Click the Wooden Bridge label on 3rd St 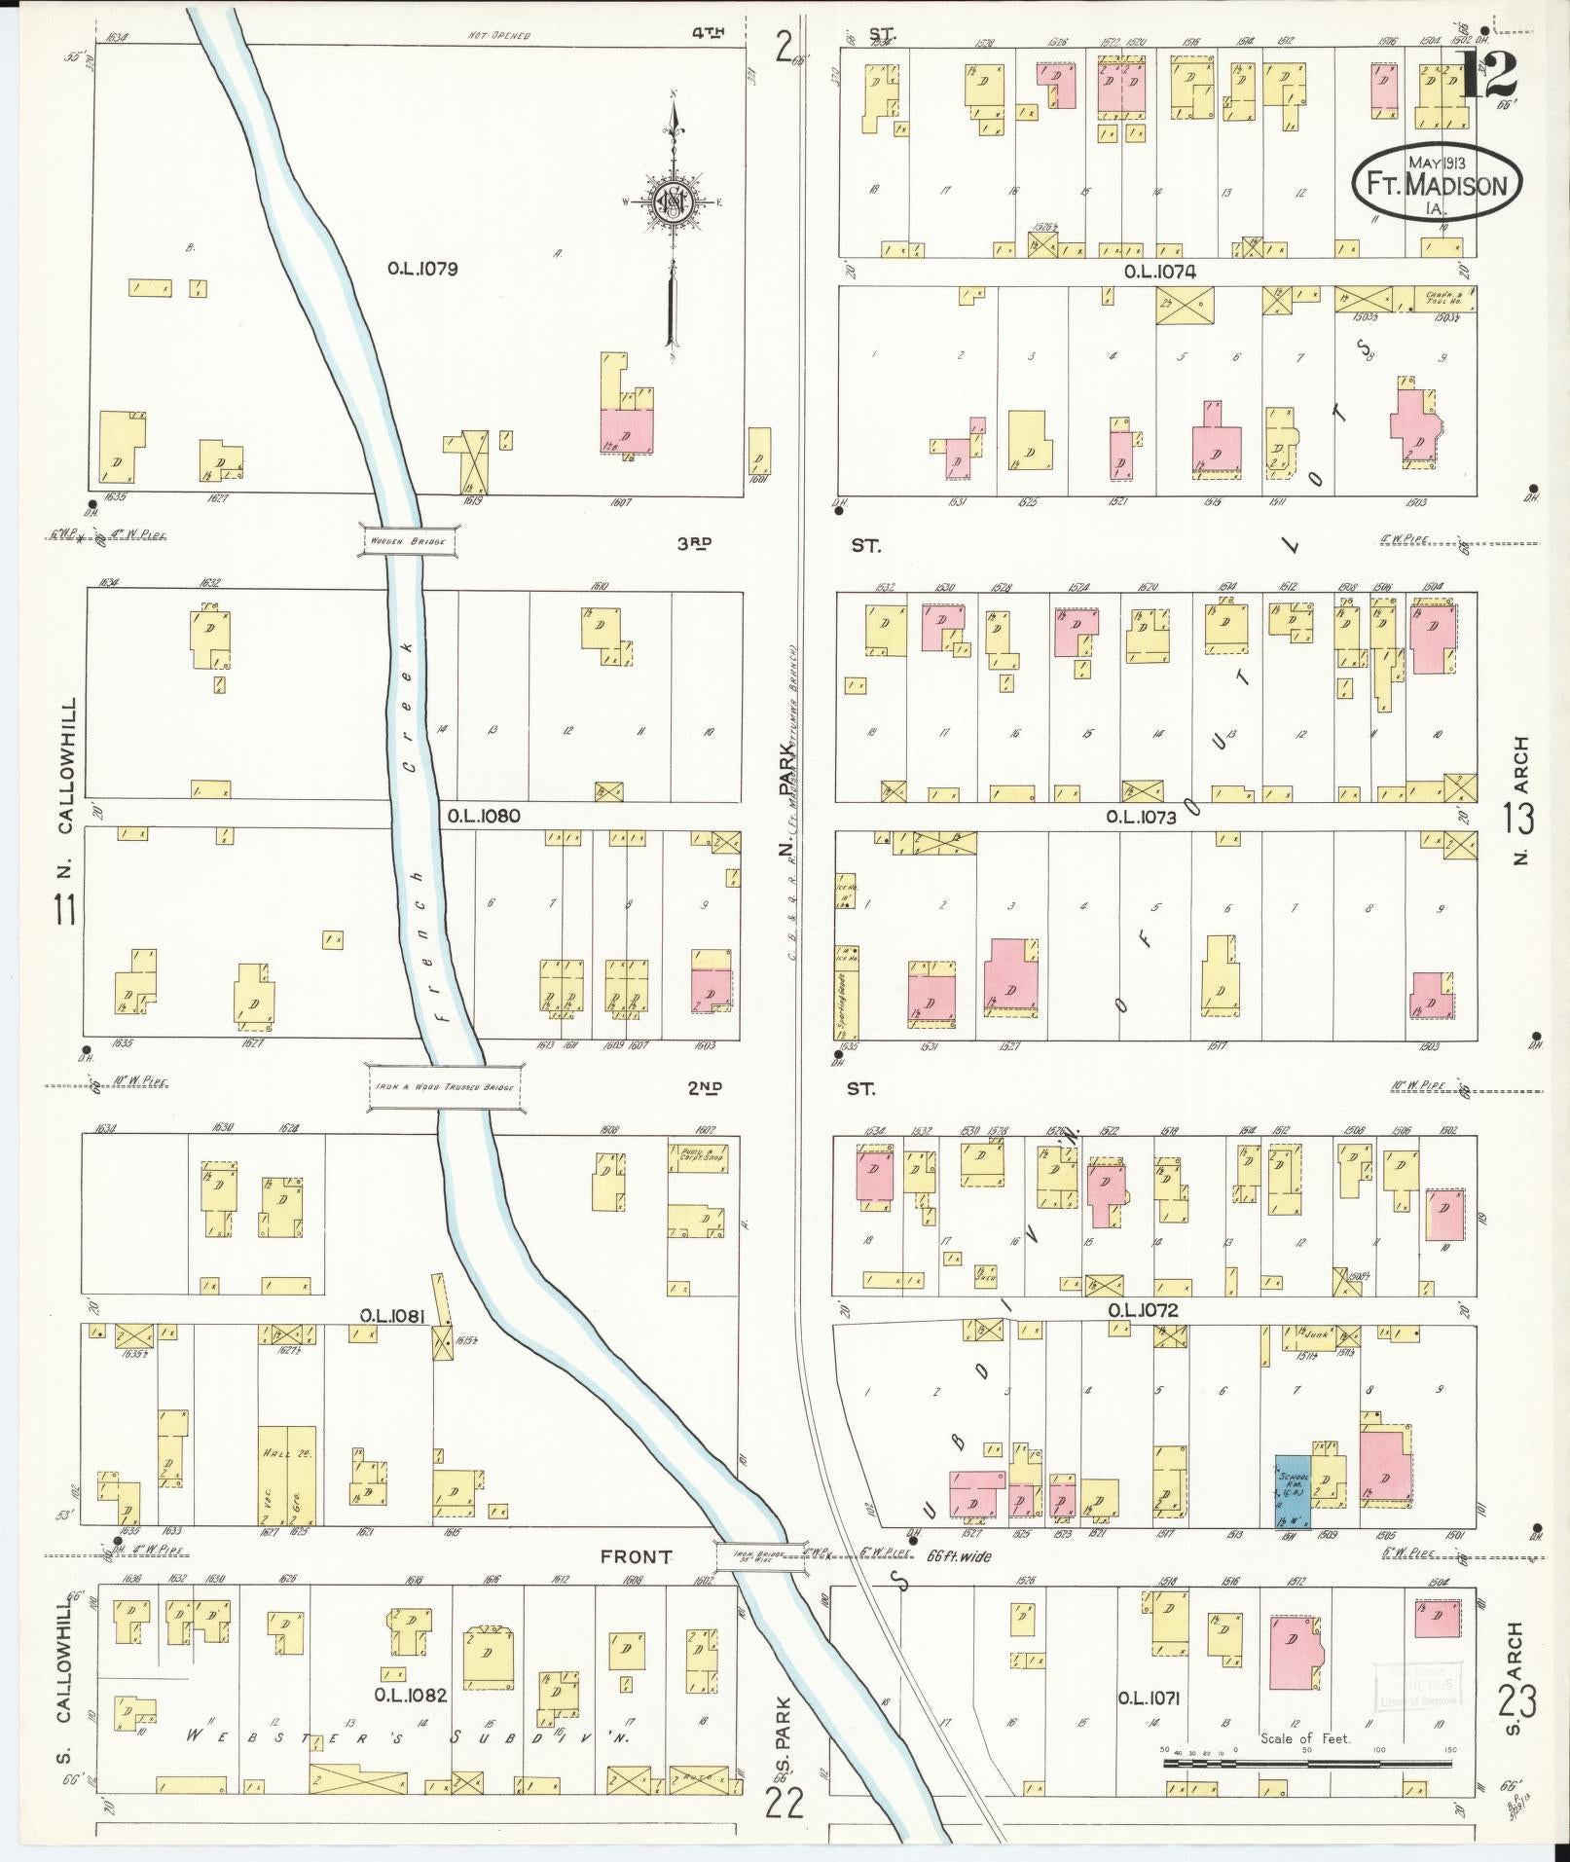[409, 540]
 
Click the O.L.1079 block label [421, 269]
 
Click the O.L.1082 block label [414, 1695]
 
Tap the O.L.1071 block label [1149, 1698]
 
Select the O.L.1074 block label [1159, 272]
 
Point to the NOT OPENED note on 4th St [499, 36]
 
